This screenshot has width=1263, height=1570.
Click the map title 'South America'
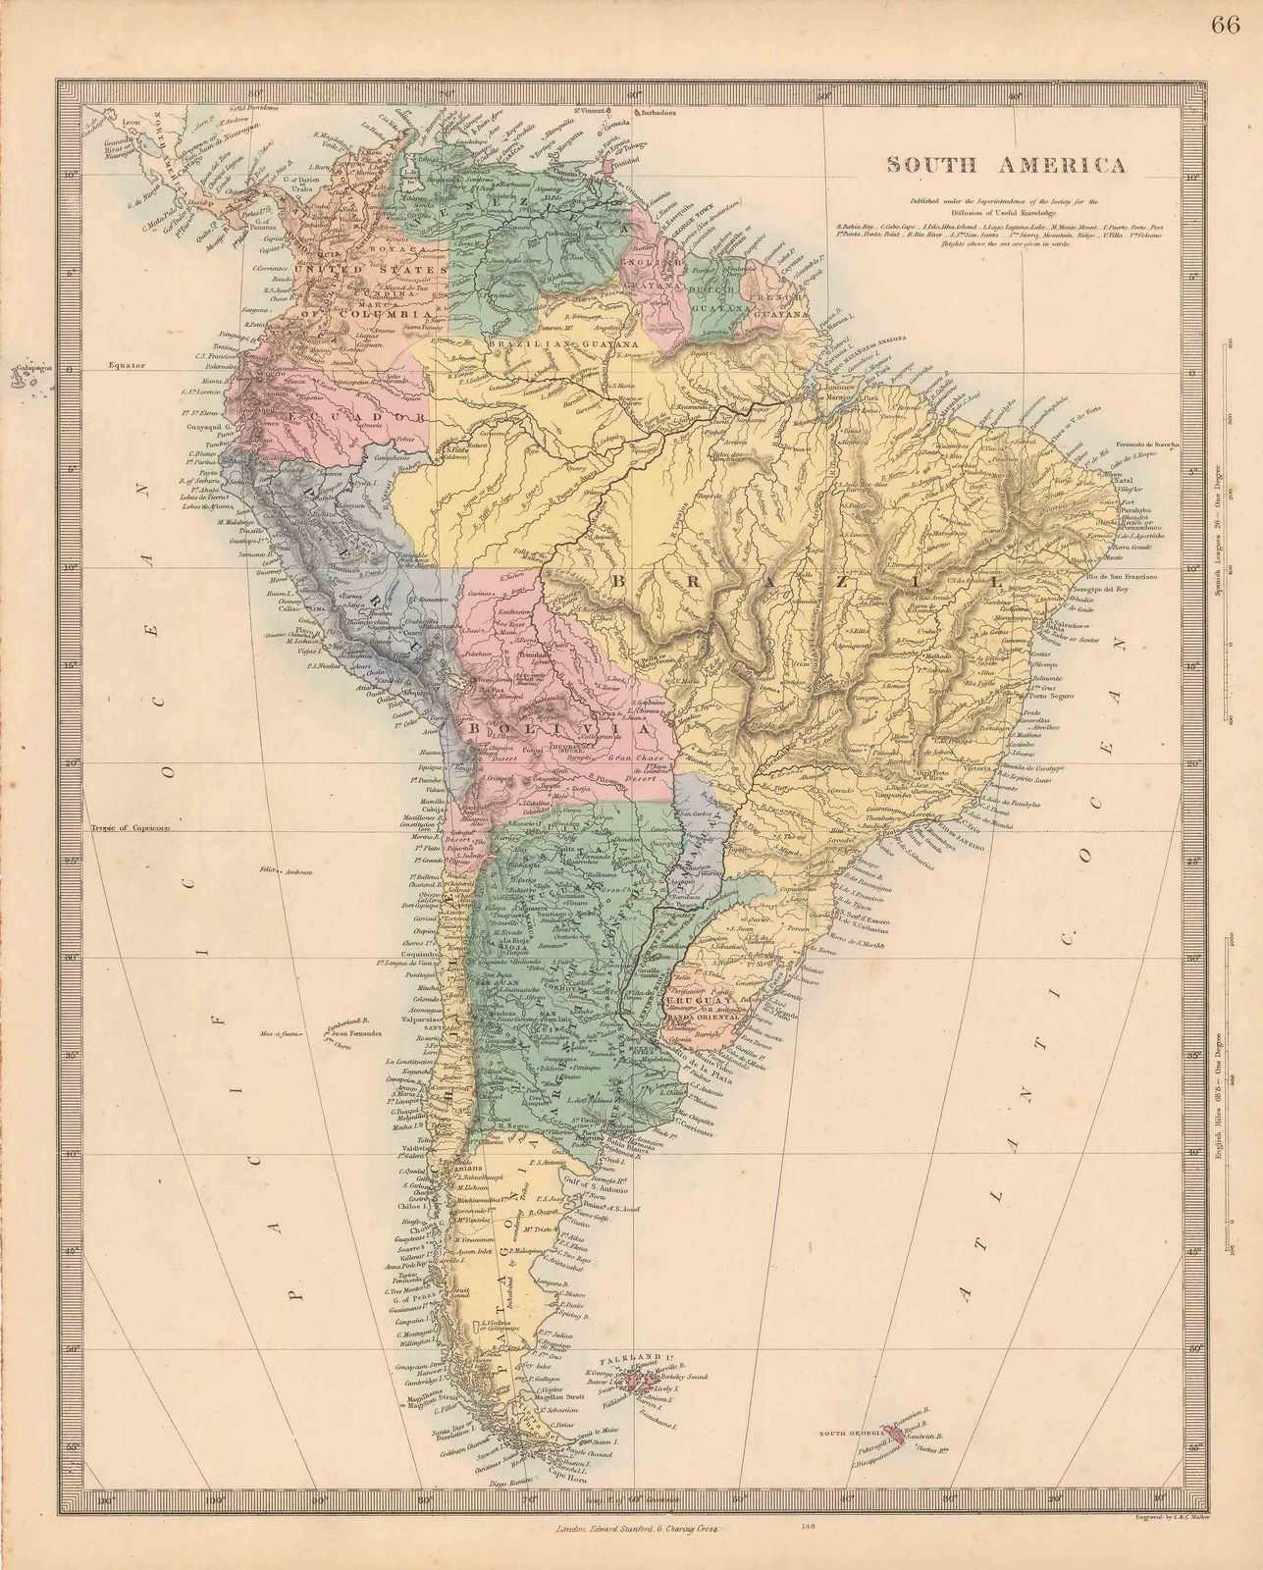(x=1006, y=165)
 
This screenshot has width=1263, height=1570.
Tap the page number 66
(x=1226, y=26)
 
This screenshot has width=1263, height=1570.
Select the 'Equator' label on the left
(x=128, y=365)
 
